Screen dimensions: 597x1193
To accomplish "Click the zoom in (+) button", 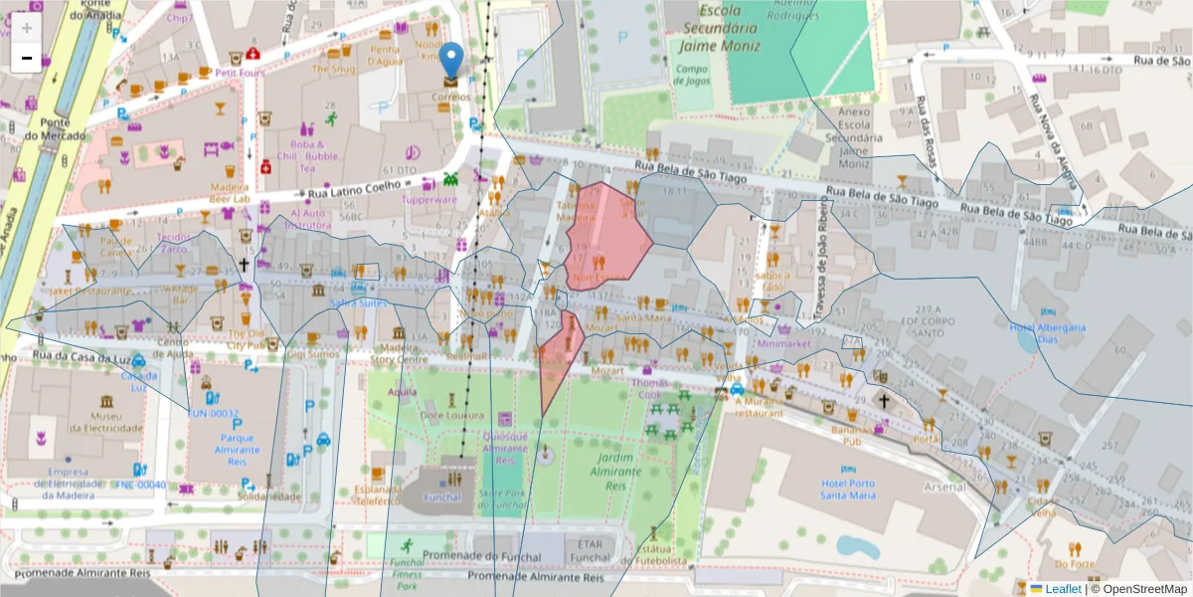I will coord(26,28).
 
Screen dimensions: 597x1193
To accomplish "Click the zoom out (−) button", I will coord(26,58).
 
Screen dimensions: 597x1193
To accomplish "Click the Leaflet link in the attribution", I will coord(1062,589).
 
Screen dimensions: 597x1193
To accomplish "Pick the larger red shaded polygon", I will coord(604,239).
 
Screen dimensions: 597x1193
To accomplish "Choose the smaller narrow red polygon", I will coord(559,353).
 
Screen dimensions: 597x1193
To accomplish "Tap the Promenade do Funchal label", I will coord(479,555).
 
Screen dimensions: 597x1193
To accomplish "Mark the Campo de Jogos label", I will coord(691,75).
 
